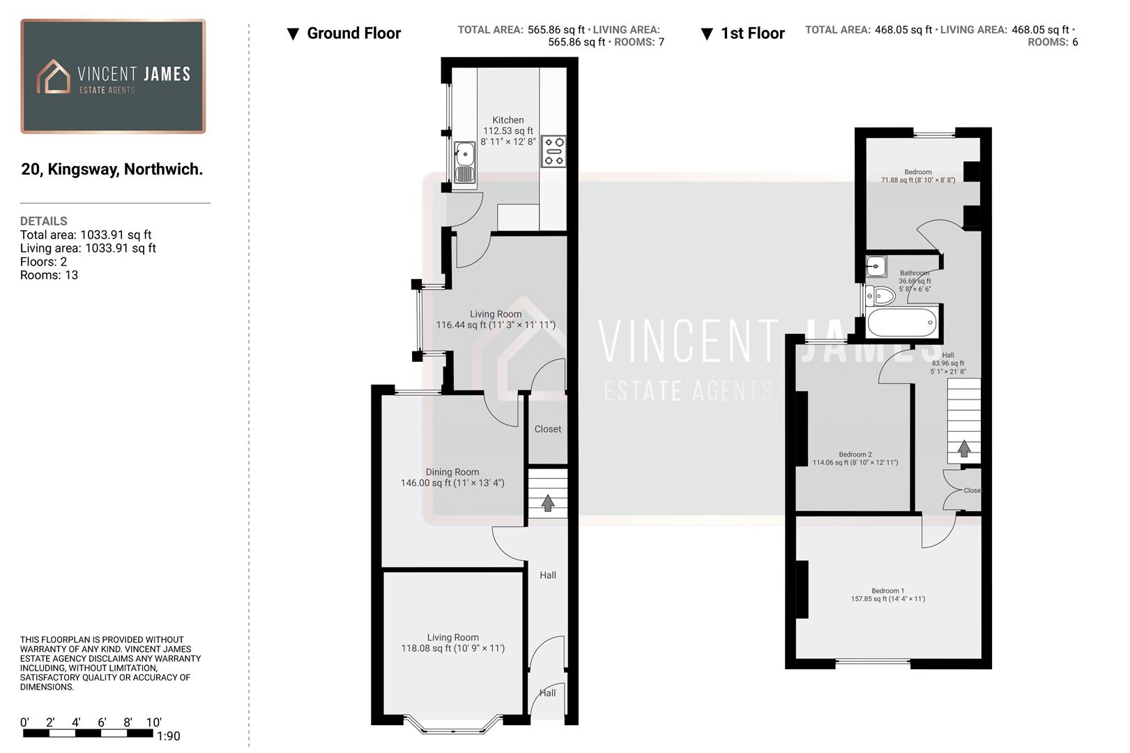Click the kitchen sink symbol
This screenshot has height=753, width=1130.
pyautogui.click(x=464, y=163)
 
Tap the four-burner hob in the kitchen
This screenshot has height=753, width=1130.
pyautogui.click(x=553, y=152)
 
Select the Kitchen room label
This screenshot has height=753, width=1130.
pyautogui.click(x=507, y=120)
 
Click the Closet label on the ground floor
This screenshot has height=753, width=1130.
pyautogui.click(x=547, y=429)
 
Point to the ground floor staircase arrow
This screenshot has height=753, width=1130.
pyautogui.click(x=547, y=502)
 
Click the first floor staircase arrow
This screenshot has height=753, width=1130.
pyautogui.click(x=963, y=448)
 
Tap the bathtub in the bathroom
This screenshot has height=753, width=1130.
pyautogui.click(x=901, y=323)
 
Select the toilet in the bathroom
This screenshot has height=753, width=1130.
pyautogui.click(x=880, y=296)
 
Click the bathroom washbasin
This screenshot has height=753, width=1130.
pyautogui.click(x=876, y=266)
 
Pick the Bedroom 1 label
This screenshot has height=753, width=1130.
pyautogui.click(x=887, y=591)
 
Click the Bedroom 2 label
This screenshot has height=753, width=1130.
pyautogui.click(x=855, y=455)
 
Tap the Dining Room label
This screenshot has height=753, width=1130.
pyautogui.click(x=452, y=472)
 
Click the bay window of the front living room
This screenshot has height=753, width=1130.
pyautogui.click(x=453, y=729)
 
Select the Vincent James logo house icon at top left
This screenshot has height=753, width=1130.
pyautogui.click(x=54, y=76)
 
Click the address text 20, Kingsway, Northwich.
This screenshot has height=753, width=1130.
pyautogui.click(x=112, y=169)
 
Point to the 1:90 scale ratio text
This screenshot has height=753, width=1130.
pyautogui.click(x=168, y=736)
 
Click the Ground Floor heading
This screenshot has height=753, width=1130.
pyautogui.click(x=353, y=33)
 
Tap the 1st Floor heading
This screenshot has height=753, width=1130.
pyautogui.click(x=752, y=33)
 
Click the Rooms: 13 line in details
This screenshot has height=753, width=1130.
pyautogui.click(x=49, y=275)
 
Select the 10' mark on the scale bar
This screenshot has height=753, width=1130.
pyautogui.click(x=153, y=722)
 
